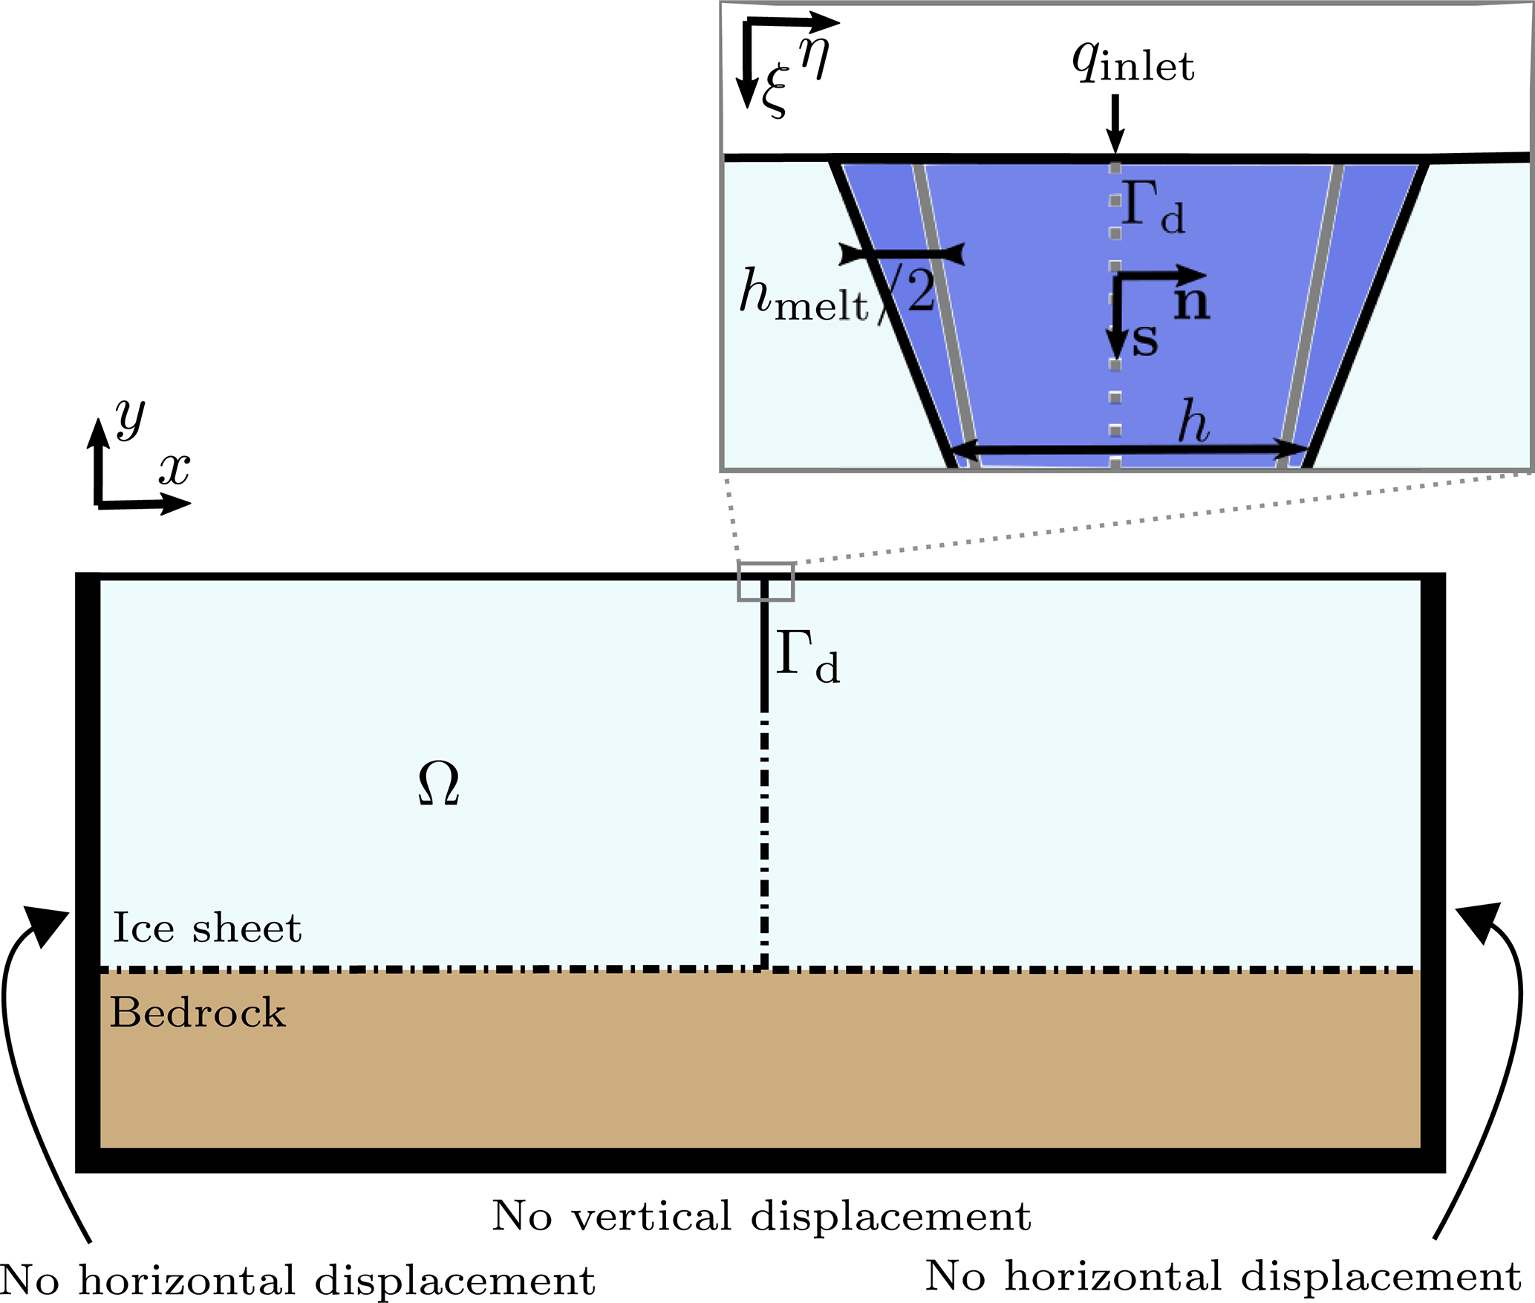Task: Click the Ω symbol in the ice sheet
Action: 438,784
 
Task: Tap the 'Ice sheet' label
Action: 207,928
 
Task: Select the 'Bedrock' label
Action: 198,1013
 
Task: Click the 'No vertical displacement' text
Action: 761,1217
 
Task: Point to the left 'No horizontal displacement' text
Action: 297,1281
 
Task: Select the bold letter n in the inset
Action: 1192,303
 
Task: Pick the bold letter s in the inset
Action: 1144,341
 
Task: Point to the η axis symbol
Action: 814,56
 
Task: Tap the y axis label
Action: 131,418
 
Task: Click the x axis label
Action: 175,469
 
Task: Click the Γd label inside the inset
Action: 1153,207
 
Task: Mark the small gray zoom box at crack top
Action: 766,582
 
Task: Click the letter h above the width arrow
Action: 1193,421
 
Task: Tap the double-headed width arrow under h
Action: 1129,449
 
